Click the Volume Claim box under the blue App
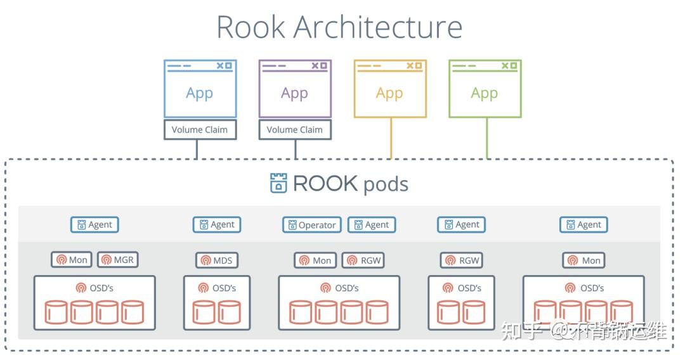pos(200,129)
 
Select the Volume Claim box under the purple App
pos(295,129)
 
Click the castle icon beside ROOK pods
pos(278,183)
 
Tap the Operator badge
pos(311,224)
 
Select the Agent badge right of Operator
pos(372,224)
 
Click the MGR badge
pos(117,260)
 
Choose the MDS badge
pos(216,260)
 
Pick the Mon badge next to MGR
pos(72,260)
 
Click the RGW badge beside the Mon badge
pos(363,260)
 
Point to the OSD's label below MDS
pos(217,288)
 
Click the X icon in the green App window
pos(504,65)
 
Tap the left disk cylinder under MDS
pos(204,312)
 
